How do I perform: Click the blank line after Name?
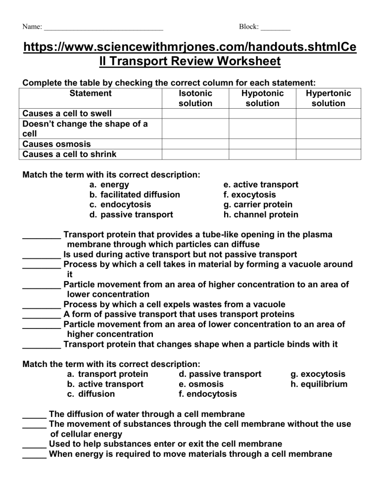click(103, 28)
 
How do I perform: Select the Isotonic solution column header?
click(194, 98)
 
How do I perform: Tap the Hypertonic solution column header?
click(329, 98)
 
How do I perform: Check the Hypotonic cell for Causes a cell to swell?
click(262, 114)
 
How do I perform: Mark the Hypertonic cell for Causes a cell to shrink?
click(329, 154)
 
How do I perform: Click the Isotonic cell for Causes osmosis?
click(194, 144)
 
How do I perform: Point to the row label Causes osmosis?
click(57, 144)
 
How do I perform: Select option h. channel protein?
click(261, 214)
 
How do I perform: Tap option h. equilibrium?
click(319, 384)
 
